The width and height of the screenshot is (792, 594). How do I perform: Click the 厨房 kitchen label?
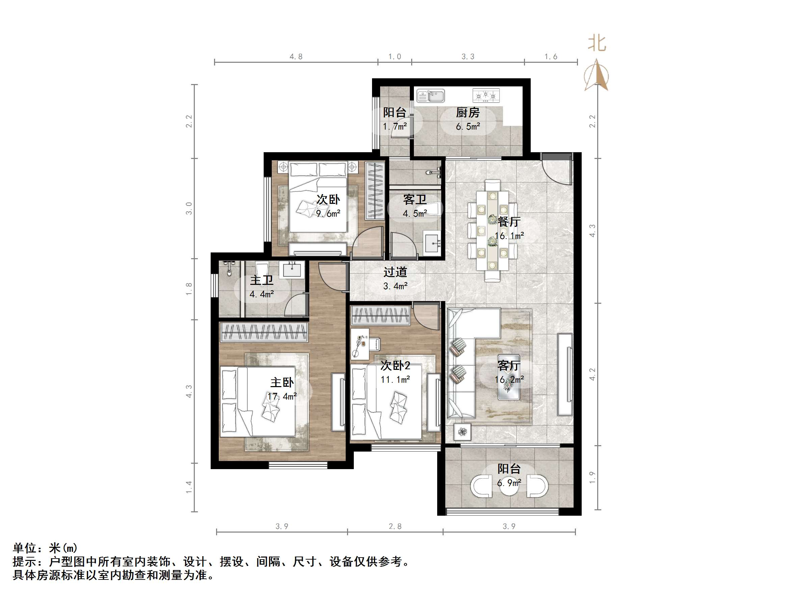468,113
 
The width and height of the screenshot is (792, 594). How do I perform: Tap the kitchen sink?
431,96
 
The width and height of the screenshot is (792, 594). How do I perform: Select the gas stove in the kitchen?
486,96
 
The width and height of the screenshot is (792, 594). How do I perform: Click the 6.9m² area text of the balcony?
509,483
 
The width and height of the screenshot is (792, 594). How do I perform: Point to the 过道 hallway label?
395,272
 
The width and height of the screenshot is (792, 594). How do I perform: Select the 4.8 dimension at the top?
296,57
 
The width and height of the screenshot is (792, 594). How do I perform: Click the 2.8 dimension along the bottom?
395,526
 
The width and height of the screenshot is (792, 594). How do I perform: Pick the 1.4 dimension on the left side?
189,487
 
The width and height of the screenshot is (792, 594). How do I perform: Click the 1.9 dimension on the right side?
592,478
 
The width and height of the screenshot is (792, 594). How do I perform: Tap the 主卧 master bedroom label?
282,382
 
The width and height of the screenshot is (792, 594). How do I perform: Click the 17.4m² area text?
282,396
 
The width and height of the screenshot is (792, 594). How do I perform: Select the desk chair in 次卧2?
374,344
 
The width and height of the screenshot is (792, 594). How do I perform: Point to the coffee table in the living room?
508,378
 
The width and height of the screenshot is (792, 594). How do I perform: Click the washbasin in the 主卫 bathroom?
292,270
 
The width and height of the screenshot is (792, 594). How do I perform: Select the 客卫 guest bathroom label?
415,200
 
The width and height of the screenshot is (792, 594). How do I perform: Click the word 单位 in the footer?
25,548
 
